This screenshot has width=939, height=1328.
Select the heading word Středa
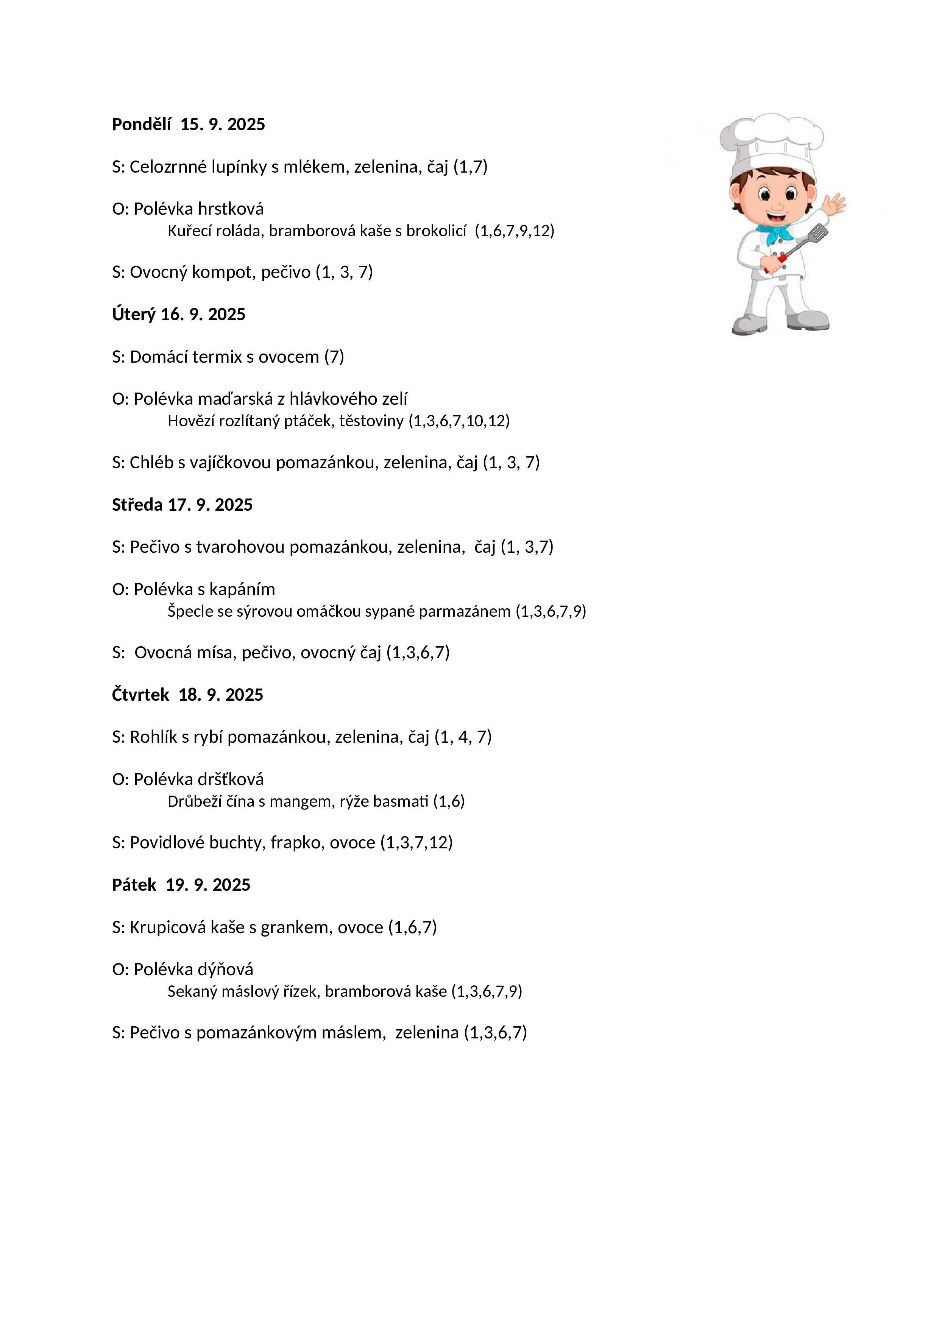(137, 505)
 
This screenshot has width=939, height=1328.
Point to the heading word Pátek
(134, 885)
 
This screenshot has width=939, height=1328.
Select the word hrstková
(231, 209)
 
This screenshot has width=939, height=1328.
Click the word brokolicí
(436, 231)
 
